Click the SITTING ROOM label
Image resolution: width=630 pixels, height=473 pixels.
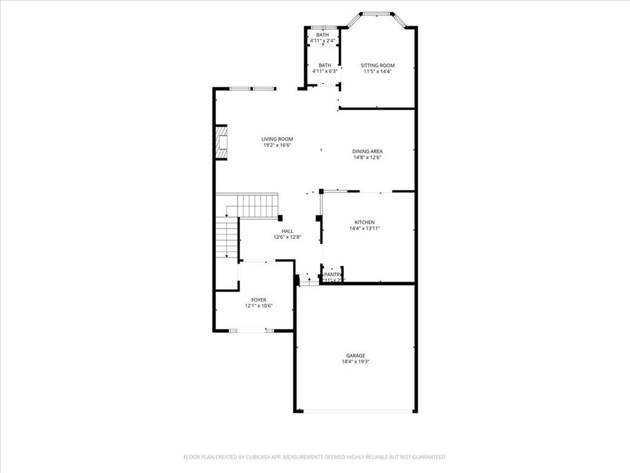point(377,65)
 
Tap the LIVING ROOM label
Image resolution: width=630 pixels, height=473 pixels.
point(277,139)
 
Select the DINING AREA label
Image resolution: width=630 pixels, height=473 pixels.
point(367,151)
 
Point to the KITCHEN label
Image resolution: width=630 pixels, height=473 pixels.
point(364,222)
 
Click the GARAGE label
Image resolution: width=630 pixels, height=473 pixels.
point(355,355)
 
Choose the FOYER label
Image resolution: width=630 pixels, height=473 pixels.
point(258,300)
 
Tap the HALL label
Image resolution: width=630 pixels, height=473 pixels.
point(287,231)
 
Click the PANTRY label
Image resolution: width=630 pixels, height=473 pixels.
point(333,275)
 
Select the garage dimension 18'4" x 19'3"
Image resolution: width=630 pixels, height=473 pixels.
point(355,362)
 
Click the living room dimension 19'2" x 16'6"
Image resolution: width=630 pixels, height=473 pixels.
point(277,145)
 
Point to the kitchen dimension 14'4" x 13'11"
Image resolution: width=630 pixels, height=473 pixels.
point(364,228)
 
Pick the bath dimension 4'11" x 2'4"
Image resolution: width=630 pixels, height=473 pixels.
point(322,41)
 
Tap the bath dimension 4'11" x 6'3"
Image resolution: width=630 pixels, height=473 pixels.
point(324,71)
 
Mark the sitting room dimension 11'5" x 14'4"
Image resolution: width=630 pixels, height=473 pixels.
point(377,71)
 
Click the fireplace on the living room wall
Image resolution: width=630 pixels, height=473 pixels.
point(221,142)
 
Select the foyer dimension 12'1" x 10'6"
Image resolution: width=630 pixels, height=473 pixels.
point(258,306)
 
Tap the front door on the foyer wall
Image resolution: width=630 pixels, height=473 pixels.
point(252,331)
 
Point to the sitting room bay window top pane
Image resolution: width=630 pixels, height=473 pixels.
point(377,14)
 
